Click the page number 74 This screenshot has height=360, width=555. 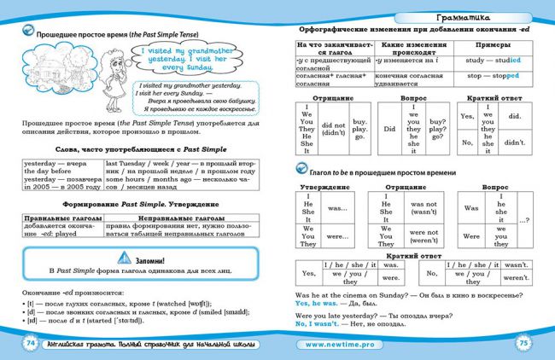[x=28, y=342]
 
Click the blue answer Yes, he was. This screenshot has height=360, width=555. [x=317, y=303]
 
